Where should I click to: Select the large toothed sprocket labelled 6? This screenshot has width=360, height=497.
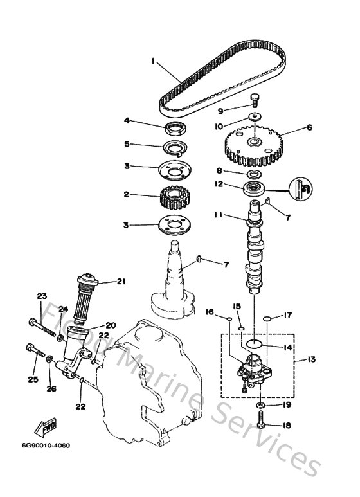coord(255,145)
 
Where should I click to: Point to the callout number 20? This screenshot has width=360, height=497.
coord(110,325)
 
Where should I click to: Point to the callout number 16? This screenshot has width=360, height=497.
coord(210,312)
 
